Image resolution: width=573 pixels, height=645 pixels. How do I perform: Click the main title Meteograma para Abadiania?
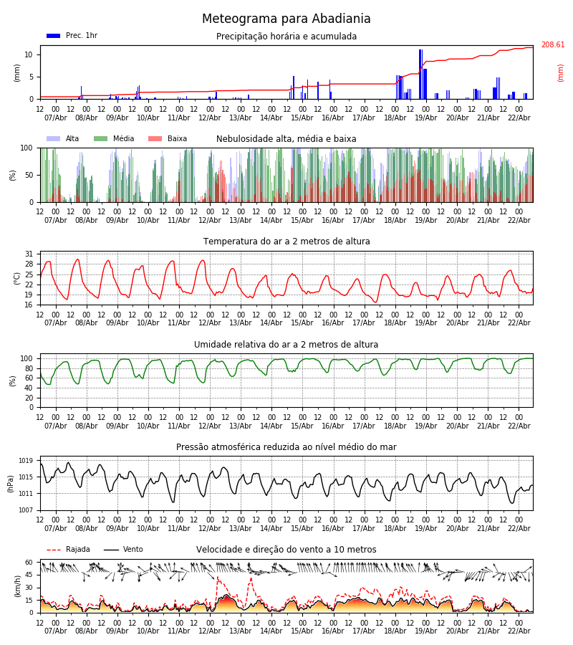click(286, 19)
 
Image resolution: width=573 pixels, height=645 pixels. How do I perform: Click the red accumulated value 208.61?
click(552, 44)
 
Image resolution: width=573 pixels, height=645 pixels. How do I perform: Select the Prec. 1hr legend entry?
click(72, 36)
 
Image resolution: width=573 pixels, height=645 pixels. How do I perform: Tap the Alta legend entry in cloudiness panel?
click(64, 139)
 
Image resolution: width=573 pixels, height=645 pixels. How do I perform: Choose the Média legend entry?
click(114, 139)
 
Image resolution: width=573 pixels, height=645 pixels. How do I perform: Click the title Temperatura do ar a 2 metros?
click(286, 242)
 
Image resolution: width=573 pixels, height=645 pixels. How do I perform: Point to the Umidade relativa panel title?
click(286, 345)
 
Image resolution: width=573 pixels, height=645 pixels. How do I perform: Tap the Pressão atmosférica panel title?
click(286, 447)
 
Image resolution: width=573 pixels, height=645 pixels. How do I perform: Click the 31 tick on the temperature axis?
click(29, 254)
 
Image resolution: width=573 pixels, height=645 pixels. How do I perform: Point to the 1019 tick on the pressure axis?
click(26, 461)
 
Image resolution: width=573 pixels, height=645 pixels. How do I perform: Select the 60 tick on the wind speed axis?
click(29, 563)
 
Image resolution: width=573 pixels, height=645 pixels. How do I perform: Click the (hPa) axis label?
click(11, 483)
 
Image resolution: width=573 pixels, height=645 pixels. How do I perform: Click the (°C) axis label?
click(17, 277)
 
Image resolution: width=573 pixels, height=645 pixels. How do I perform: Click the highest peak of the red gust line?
click(218, 578)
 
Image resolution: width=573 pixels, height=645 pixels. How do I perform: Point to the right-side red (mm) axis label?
click(561, 72)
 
